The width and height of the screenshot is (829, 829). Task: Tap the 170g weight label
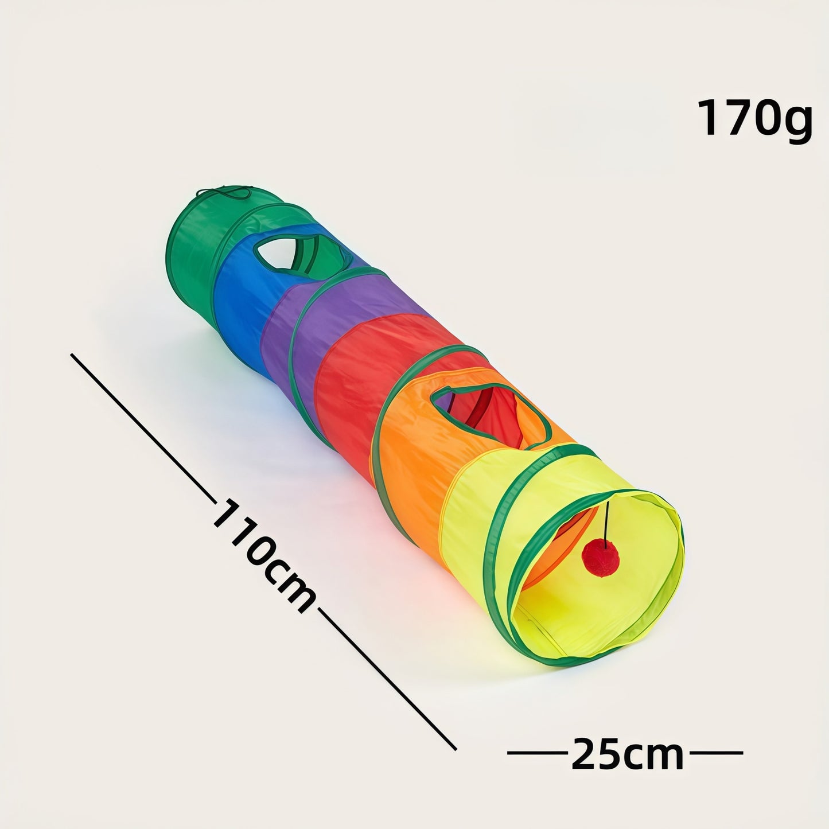pyautogui.click(x=754, y=119)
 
